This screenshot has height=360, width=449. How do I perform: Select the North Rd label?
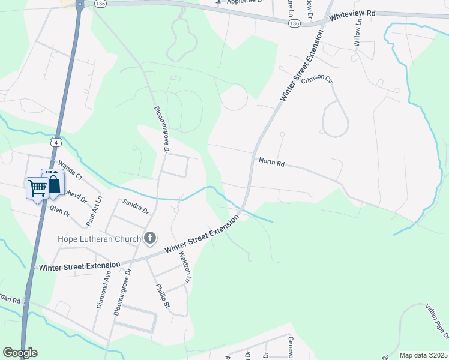pyautogui.click(x=271, y=161)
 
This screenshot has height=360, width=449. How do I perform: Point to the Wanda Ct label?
pyautogui.click(x=69, y=170)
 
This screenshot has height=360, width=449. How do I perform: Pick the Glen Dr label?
pyautogui.click(x=60, y=211)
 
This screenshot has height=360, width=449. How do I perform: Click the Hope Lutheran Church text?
pyautogui.click(x=99, y=239)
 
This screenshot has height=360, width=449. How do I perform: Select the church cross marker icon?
pyautogui.click(x=150, y=239)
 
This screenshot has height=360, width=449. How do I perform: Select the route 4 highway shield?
pyautogui.click(x=55, y=142)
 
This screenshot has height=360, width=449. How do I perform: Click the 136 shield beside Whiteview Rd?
pyautogui.click(x=294, y=23)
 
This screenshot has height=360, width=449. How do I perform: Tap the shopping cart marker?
pyautogui.click(x=37, y=188)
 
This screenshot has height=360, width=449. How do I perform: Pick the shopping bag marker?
pyautogui.click(x=53, y=184)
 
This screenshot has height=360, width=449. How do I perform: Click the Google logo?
pyautogui.click(x=20, y=353)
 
